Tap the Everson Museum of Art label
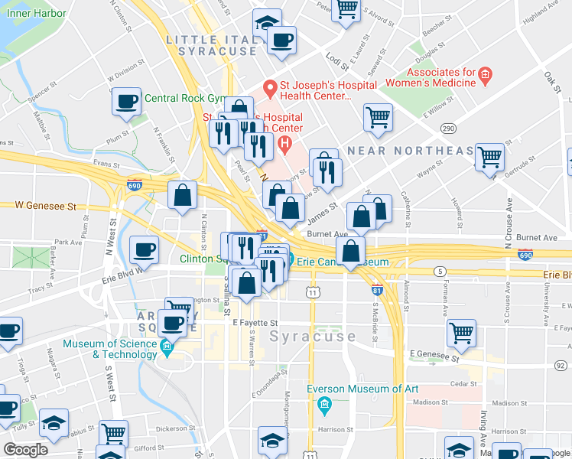point(362,389)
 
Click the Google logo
point(25,451)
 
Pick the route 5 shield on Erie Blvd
point(439,272)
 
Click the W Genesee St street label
point(47,205)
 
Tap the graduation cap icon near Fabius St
point(54,422)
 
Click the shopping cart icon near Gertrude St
point(489,158)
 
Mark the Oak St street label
point(551,80)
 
